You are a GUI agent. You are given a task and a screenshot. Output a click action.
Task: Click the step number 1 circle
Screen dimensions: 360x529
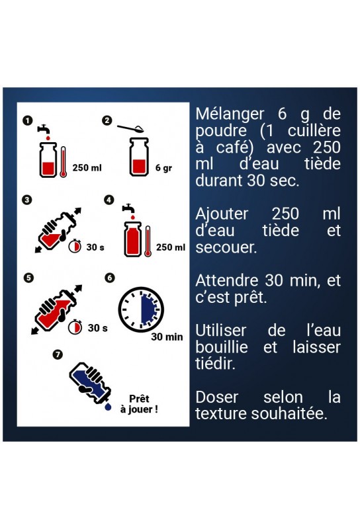[28, 121]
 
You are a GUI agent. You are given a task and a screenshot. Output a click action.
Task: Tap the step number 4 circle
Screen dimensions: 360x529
[109, 200]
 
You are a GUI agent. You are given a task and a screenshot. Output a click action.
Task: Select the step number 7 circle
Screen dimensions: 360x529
[58, 354]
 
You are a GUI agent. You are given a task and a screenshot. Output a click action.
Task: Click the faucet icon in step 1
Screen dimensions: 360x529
[43, 129]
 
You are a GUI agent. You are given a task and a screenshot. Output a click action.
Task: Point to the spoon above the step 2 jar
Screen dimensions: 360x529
[130, 128]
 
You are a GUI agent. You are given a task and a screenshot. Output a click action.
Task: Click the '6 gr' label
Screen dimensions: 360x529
[163, 168]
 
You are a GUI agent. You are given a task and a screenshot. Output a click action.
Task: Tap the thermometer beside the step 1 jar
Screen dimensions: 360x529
[63, 162]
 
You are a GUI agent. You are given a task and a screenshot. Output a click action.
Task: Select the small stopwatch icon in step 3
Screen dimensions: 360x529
[75, 246]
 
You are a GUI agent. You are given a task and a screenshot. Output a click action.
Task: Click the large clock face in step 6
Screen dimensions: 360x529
[141, 309]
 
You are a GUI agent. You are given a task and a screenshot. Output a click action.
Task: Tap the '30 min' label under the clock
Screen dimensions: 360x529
[167, 337]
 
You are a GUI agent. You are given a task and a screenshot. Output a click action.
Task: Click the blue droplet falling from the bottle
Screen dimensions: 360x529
[108, 407]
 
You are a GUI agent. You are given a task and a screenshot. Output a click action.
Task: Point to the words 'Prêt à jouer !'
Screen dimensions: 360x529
[139, 404]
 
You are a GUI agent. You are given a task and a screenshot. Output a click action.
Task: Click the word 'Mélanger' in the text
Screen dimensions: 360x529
[230, 114]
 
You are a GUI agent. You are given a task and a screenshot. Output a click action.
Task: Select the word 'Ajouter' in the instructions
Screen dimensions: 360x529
[222, 214]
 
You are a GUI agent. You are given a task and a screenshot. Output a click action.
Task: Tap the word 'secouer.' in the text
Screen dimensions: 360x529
[226, 247]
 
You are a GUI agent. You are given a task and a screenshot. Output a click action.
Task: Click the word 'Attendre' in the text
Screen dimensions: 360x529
[227, 280]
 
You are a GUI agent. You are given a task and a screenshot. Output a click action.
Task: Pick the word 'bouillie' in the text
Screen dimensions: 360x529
[222, 347]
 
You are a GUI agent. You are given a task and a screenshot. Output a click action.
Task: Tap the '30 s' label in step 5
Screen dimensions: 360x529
[97, 328]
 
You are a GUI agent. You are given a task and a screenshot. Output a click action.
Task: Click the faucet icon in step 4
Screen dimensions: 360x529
[128, 208]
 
